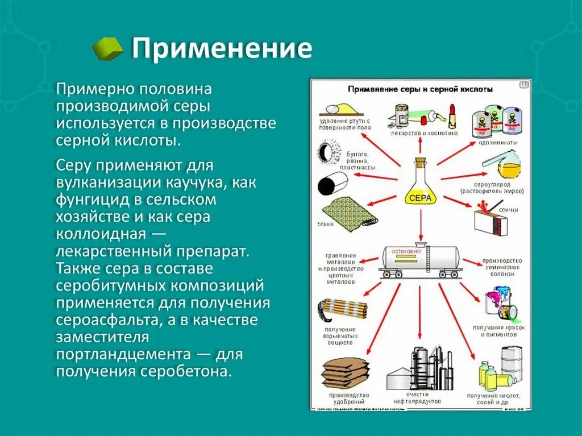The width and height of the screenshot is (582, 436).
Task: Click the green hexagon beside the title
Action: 107,49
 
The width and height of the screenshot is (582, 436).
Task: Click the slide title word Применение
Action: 222,49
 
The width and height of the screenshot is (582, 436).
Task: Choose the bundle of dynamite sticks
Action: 342,309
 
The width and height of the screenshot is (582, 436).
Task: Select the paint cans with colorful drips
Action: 500,305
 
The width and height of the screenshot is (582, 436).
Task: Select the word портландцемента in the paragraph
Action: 122,354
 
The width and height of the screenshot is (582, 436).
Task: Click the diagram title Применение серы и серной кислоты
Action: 420,89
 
